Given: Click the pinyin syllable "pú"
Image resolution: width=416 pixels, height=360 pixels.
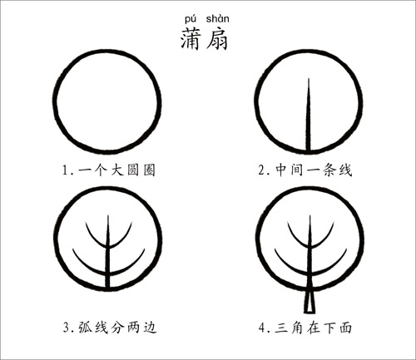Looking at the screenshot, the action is coord(191,19).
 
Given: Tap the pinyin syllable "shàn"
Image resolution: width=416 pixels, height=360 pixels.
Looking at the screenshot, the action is coord(218,18).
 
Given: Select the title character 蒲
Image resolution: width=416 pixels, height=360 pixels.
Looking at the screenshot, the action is coord(191,39).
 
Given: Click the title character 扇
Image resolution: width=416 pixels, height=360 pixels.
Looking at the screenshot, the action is coord(217,39).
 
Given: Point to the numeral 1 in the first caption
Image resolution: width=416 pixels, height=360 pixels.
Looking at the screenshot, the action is coord(65,170).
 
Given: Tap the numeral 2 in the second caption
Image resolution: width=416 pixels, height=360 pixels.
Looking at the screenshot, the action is coord(262,170).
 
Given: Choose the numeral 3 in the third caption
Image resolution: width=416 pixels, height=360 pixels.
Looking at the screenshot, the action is coord(67,328).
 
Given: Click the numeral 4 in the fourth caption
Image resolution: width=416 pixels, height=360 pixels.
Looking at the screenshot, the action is coord(262,328).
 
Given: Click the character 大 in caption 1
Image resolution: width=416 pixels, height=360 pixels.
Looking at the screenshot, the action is coord(117,170).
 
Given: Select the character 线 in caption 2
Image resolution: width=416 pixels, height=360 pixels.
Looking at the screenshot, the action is coord(345,170).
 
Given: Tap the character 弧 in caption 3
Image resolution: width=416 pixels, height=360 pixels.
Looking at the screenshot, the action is coord(85,327).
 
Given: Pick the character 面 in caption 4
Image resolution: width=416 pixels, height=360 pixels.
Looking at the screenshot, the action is coord(345,328).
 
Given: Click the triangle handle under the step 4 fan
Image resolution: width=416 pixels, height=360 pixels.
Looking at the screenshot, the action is coord(310,302).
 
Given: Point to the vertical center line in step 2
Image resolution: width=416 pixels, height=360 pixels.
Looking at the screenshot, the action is coord(308,115).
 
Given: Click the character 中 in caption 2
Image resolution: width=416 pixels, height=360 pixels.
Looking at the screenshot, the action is coord(281,170).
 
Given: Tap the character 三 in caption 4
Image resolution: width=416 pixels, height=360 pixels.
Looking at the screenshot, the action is coord(281,328).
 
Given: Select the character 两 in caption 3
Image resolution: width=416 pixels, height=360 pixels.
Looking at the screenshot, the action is coord(133,327).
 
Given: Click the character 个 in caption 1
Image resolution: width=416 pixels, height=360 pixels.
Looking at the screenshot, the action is coord(101,170).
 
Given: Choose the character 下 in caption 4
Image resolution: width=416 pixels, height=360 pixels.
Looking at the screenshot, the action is coord(329,328).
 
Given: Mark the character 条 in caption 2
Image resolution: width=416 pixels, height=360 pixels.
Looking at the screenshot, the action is coord(329,170).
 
